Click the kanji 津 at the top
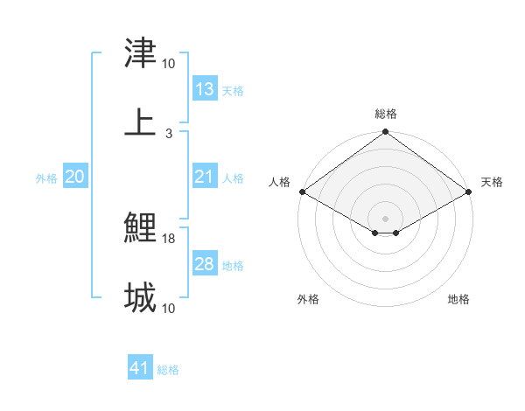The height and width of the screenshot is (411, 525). pyautogui.click(x=140, y=53)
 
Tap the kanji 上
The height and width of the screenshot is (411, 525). pyautogui.click(x=140, y=122)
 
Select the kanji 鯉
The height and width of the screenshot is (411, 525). pyautogui.click(x=140, y=229)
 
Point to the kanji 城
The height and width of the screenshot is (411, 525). pyautogui.click(x=140, y=297)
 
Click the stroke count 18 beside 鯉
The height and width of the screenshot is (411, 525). pyautogui.click(x=170, y=239)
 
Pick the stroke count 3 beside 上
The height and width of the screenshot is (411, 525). pyautogui.click(x=169, y=133)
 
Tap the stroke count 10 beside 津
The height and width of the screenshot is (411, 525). pyautogui.click(x=169, y=64)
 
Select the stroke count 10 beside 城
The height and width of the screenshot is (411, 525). pyautogui.click(x=169, y=308)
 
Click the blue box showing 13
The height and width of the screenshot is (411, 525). pyautogui.click(x=204, y=89)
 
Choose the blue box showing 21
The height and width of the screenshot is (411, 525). pyautogui.click(x=204, y=177)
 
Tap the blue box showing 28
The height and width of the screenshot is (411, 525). pyautogui.click(x=204, y=264)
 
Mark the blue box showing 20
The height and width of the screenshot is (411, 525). pyautogui.click(x=75, y=177)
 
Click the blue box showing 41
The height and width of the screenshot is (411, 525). pyautogui.click(x=140, y=368)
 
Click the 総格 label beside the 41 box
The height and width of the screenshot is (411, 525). pyautogui.click(x=168, y=370)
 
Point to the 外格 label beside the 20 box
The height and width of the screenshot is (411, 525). pyautogui.click(x=46, y=178)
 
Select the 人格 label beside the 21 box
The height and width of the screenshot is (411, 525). pyautogui.click(x=233, y=178)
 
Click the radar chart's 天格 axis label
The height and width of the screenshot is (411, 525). pyautogui.click(x=492, y=182)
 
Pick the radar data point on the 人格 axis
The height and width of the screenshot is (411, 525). pyautogui.click(x=302, y=192)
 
